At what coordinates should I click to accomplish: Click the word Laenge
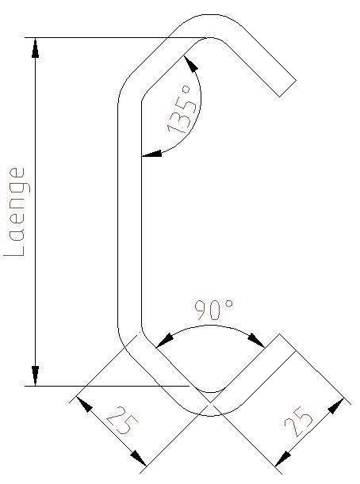tap(16, 212)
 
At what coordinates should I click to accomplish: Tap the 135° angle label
tap(183, 110)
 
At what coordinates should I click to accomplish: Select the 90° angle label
tap(213, 309)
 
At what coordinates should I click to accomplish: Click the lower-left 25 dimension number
tap(122, 419)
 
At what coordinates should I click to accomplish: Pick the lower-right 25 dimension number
tap(298, 421)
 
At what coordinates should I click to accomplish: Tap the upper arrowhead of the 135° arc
tap(191, 63)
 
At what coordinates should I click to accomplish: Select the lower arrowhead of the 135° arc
tap(151, 154)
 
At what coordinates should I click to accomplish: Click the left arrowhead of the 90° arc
tap(164, 341)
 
